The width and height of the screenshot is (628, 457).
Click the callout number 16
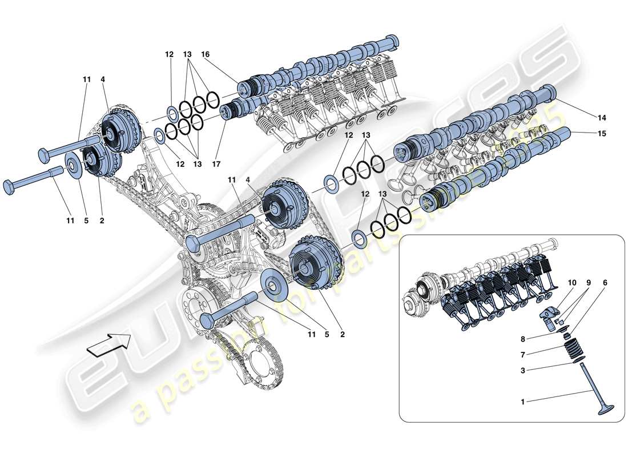click(205, 54)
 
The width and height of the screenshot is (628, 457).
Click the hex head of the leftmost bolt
click(10, 186)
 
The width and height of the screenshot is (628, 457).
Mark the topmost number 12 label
click(169, 54)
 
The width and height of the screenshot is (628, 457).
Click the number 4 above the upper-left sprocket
click(103, 79)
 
